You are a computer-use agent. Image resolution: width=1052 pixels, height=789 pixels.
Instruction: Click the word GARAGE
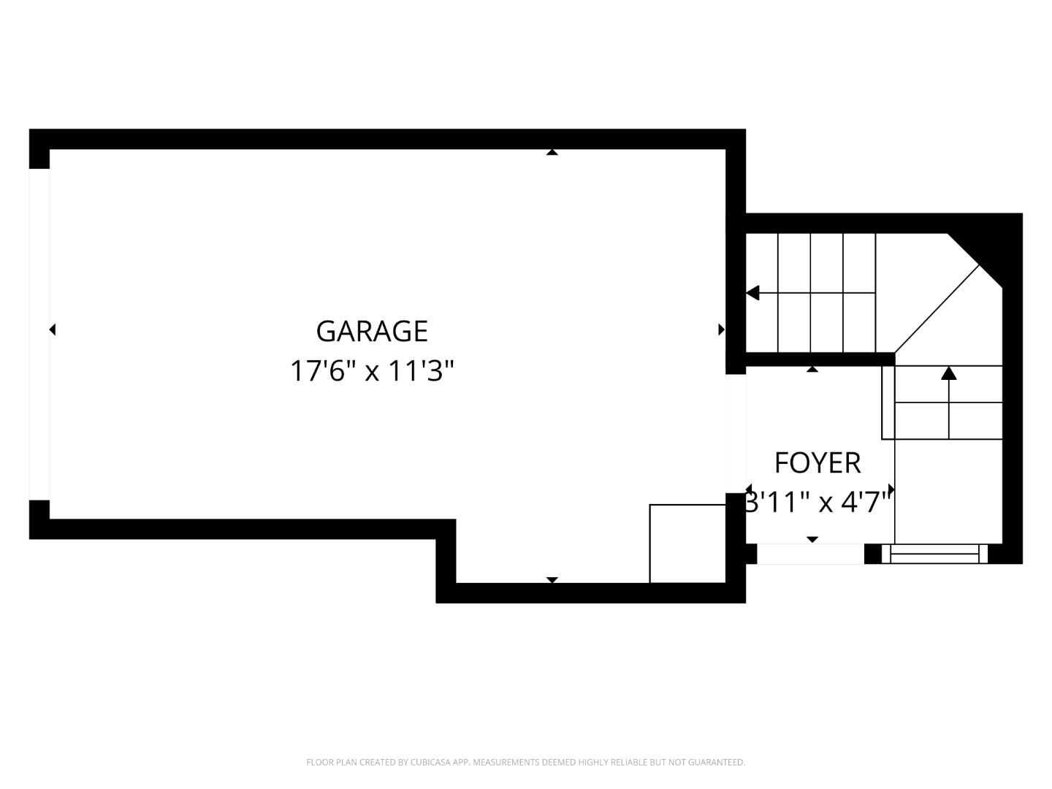tap(372, 332)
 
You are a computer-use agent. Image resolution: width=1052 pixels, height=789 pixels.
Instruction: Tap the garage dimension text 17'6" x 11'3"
tap(372, 371)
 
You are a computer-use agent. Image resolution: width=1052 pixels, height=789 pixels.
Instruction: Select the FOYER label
tap(817, 463)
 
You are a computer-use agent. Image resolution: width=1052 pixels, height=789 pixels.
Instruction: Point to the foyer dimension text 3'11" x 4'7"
tap(818, 503)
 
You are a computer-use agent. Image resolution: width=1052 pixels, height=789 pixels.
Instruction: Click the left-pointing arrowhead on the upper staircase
tap(752, 293)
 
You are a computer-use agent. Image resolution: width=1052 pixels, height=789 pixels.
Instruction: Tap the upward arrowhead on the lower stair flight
tap(948, 373)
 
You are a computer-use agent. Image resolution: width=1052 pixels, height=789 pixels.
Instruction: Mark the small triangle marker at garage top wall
tap(552, 152)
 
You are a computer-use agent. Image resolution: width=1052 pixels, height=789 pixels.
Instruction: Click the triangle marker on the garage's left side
tap(52, 329)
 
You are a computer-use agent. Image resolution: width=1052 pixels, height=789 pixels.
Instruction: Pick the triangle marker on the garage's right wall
tap(721, 329)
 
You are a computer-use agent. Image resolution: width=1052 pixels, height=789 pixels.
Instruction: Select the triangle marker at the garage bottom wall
tap(552, 580)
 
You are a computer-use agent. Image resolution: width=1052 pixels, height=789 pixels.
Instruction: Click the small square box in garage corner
tap(687, 544)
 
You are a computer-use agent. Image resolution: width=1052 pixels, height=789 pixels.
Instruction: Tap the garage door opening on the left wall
tap(39, 334)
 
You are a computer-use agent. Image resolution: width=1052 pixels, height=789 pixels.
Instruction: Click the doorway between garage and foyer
tap(736, 433)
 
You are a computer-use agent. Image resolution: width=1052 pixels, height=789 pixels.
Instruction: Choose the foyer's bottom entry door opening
tap(810, 554)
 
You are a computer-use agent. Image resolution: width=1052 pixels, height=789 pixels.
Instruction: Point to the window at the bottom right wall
tap(935, 554)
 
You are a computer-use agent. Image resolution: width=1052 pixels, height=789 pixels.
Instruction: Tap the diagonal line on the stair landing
tap(937, 309)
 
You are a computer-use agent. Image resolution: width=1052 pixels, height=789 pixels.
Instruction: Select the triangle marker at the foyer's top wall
tap(812, 369)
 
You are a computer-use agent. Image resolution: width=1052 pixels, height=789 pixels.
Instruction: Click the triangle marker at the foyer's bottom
tap(812, 539)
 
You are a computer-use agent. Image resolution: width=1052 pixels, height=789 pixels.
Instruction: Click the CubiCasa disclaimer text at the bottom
tap(525, 763)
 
